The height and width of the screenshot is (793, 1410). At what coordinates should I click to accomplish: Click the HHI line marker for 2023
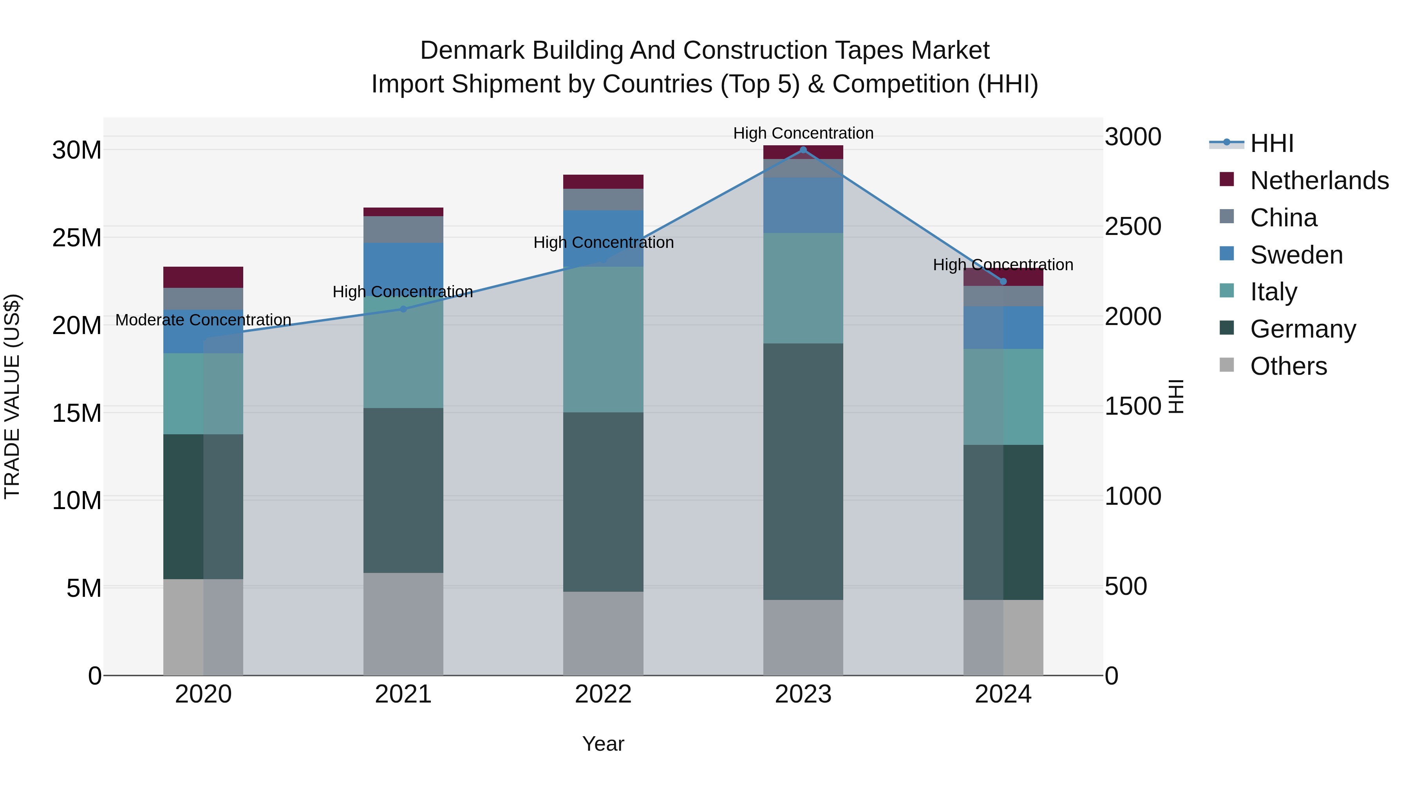pos(803,150)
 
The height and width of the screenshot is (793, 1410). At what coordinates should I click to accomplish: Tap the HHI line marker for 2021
pos(403,309)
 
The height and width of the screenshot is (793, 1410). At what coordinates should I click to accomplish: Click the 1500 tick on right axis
pos(1132,406)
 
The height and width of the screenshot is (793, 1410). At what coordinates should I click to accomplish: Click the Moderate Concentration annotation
pos(203,320)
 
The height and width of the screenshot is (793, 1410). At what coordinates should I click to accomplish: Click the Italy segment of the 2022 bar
pos(603,339)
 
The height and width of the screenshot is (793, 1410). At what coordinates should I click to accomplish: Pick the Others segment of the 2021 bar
pos(403,624)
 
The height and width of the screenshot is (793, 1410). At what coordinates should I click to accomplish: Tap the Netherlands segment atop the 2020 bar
pos(203,278)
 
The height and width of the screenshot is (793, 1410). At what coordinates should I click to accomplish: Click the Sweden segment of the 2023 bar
pos(803,205)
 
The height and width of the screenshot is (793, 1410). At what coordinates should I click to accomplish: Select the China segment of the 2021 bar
pos(403,229)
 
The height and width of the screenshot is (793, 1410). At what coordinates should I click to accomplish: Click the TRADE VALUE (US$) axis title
pos(12,396)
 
